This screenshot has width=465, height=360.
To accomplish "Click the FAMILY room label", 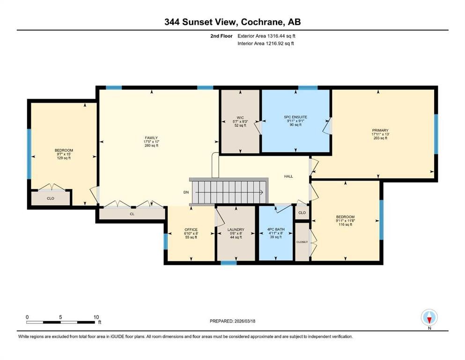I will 151,138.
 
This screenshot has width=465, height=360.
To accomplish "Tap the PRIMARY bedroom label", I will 380,130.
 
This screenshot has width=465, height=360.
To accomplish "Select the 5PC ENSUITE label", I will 295,117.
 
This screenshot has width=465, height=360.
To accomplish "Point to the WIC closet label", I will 240,117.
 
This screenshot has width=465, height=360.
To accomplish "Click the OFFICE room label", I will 191,229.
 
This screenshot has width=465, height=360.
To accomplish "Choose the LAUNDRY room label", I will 236,229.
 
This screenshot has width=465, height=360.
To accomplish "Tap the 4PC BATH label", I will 276,229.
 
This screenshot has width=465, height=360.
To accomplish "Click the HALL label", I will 288,176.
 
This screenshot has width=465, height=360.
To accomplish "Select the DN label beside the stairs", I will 186,192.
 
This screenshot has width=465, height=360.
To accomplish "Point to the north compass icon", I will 429,318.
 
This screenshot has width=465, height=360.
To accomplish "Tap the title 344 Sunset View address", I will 232,22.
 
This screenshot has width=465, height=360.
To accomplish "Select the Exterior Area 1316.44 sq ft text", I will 266,36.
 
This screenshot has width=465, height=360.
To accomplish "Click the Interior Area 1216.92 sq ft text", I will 266,43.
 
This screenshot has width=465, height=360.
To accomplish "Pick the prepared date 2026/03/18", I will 232,321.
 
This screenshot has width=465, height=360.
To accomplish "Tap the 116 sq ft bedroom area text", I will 345,225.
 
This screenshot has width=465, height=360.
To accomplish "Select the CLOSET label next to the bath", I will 302,242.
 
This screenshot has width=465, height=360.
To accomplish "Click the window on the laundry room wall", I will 229,263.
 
